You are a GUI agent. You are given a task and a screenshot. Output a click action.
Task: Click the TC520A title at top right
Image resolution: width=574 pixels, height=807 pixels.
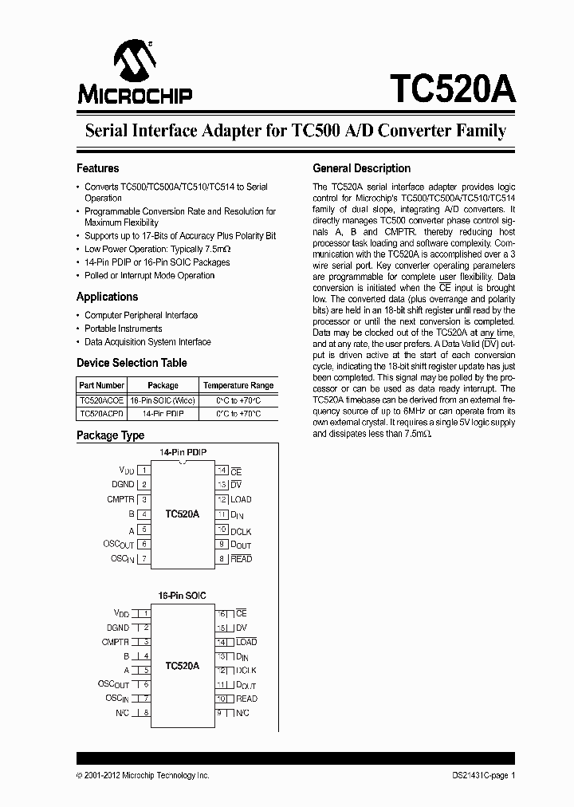[x=452, y=89]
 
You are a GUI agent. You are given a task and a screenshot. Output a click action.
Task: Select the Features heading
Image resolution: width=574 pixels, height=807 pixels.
[x=97, y=168]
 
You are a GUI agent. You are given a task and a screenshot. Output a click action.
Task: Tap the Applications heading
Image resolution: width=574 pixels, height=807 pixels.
[x=107, y=297]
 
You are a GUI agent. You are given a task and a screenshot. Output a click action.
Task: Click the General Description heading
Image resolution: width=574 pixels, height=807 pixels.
[x=361, y=168]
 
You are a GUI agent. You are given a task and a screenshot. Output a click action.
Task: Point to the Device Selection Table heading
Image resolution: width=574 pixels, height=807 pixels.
[x=132, y=363]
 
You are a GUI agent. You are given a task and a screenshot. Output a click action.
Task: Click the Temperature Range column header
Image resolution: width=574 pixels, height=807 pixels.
[x=238, y=385]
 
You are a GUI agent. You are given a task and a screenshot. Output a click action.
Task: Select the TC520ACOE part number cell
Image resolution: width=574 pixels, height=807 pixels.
[x=101, y=400]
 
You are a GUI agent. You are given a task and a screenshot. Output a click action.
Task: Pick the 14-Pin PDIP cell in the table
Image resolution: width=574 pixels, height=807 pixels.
[x=163, y=415]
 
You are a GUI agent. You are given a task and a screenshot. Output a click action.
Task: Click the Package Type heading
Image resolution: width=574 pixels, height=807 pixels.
[x=110, y=435]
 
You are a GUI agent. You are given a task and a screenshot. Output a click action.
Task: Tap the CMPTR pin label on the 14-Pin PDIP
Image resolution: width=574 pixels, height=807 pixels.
[x=120, y=499]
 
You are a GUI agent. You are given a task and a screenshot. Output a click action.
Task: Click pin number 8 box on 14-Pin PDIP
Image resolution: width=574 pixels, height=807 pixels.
[x=222, y=559]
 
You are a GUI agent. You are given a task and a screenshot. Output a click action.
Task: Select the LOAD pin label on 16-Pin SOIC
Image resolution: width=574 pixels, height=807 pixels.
[x=246, y=642]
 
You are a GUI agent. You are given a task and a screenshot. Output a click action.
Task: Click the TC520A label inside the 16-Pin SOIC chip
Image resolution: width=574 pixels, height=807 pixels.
[x=183, y=665]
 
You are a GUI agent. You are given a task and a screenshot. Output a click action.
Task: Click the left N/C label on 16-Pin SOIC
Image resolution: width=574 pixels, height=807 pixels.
[x=122, y=712]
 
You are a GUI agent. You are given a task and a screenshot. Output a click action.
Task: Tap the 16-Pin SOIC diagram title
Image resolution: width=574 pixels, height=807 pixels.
[x=182, y=596]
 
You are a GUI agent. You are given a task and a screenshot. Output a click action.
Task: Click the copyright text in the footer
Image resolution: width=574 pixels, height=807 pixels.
[x=143, y=775]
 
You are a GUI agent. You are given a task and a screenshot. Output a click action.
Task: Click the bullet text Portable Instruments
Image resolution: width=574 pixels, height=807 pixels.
[x=124, y=329]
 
